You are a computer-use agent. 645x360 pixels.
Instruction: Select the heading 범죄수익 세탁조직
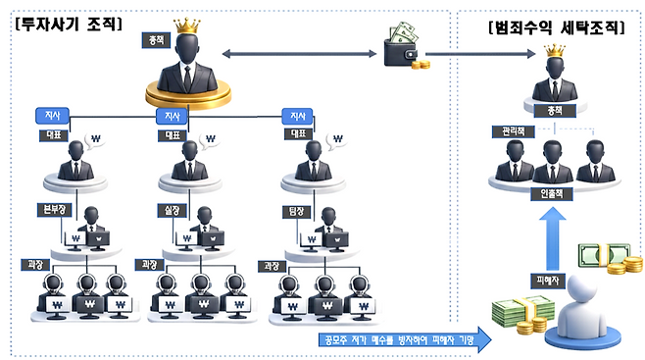point(556,27)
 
